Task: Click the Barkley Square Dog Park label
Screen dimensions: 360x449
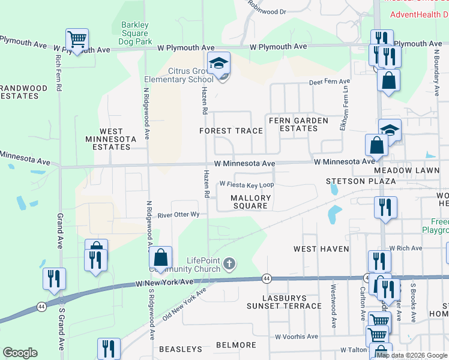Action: (133, 34)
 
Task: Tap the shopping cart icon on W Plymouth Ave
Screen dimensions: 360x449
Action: (77, 40)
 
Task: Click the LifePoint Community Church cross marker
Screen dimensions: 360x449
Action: (229, 263)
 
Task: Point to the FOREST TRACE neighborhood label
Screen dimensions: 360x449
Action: (231, 131)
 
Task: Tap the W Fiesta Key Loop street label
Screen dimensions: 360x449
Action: (246, 185)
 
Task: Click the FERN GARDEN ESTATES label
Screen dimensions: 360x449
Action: (298, 125)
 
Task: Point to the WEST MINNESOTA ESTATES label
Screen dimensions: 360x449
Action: (111, 139)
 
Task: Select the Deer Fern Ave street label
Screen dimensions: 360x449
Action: (329, 82)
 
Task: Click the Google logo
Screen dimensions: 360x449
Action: (20, 353)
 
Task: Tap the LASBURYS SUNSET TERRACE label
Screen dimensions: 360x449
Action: (284, 302)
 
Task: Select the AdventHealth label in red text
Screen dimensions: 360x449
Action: (419, 14)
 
